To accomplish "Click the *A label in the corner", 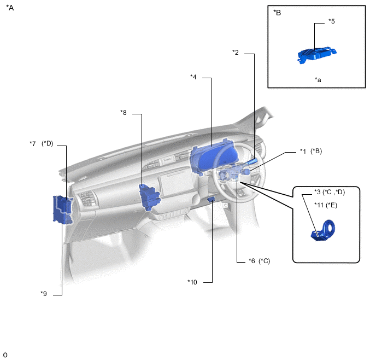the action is point(10,8).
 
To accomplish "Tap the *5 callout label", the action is point(332,21).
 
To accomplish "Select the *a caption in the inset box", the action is point(318,80).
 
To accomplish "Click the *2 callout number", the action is point(236,53).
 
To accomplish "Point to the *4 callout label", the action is point(193,77).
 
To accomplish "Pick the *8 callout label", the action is point(124,113).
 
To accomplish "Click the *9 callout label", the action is point(44,293).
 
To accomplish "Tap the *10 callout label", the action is point(192,282).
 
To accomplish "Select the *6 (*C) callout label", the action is point(260,261).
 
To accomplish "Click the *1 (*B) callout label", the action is point(311,151).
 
